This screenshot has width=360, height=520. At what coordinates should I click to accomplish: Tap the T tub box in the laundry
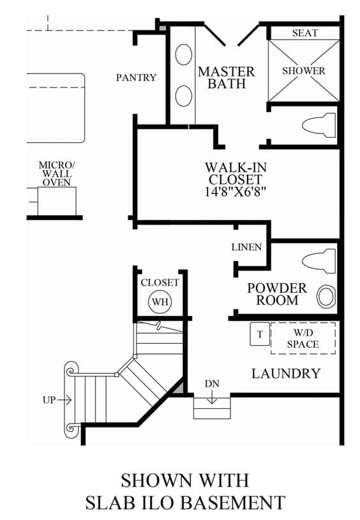(260, 334)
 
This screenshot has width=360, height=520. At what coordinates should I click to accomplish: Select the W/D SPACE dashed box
(303, 338)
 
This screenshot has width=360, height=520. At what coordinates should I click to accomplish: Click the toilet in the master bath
(319, 125)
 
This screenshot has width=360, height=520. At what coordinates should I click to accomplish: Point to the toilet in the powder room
(319, 261)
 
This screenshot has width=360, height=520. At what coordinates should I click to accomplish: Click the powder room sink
(326, 296)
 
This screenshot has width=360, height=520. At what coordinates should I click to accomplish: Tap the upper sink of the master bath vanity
(183, 54)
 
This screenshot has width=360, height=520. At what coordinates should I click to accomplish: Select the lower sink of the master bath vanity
(183, 96)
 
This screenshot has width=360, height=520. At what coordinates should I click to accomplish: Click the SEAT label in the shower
(305, 33)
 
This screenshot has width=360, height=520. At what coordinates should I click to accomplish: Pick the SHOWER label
(304, 71)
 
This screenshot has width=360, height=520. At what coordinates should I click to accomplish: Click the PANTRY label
(136, 77)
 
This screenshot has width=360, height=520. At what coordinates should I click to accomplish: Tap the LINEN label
(246, 247)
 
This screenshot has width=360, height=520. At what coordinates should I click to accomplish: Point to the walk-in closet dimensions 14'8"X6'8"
(236, 191)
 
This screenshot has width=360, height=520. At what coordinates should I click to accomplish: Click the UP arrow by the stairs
(64, 400)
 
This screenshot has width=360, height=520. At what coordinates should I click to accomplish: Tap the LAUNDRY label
(286, 374)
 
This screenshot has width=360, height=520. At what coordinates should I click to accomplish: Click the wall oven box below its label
(57, 202)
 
